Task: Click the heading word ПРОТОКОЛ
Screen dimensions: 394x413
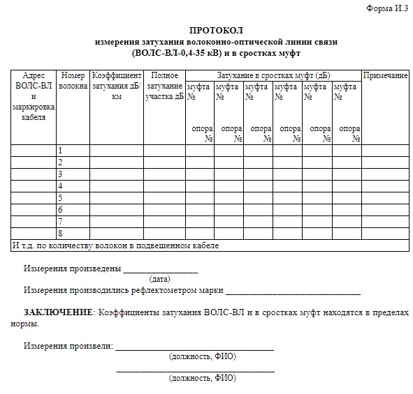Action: tap(216, 31)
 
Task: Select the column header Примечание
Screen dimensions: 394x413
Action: tap(386, 75)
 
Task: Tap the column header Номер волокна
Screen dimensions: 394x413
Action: tap(73, 81)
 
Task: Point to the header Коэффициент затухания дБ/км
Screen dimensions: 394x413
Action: tap(117, 86)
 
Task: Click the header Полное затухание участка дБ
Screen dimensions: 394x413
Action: tap(164, 86)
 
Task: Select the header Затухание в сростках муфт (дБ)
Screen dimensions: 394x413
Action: tap(273, 75)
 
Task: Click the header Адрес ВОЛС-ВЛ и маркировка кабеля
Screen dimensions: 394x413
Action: tap(34, 96)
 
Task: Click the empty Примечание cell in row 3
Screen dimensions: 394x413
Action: tap(386, 174)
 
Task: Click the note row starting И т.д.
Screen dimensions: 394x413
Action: tap(116, 245)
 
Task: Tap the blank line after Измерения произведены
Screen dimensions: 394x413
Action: tap(160, 269)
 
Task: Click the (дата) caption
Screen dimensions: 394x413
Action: tap(160, 279)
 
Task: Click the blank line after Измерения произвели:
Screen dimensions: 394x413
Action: tap(194, 345)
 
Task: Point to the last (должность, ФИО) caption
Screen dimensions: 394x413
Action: tap(203, 379)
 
